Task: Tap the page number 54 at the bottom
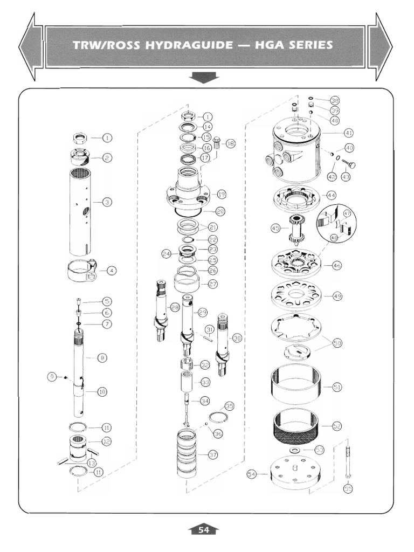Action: click(203, 530)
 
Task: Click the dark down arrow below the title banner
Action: click(204, 79)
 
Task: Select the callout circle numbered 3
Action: click(107, 202)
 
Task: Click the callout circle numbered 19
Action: click(220, 194)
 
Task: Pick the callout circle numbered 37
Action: click(213, 455)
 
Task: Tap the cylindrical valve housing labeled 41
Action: click(296, 154)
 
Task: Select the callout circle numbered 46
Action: click(337, 266)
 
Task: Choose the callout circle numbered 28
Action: click(175, 307)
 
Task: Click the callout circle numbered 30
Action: click(237, 337)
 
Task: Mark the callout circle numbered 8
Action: click(102, 357)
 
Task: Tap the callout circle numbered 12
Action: click(106, 441)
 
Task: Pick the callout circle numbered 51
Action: click(337, 387)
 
